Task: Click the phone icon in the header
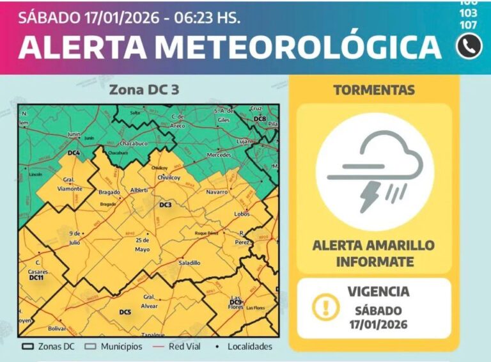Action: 469,46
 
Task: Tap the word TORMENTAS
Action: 374,90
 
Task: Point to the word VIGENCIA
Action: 378,292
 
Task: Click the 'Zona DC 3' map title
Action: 144,90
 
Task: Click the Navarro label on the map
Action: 217,192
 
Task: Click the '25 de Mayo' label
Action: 142,244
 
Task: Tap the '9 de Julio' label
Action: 75,238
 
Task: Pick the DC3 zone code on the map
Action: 166,205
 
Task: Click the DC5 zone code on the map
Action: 125,312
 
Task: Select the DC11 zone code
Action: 36,278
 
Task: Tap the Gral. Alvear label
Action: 150,301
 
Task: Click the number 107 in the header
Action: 468,25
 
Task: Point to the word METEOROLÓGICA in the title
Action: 297,47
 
